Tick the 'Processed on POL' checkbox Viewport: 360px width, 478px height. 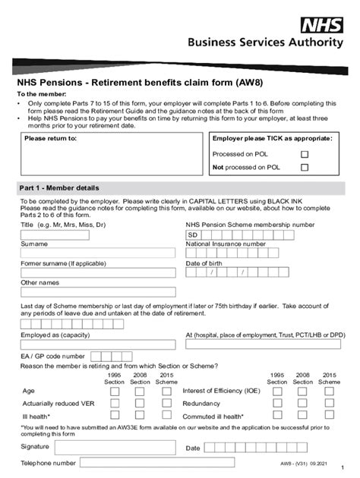[x=305, y=154]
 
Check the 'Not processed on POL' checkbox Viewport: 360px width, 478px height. [x=305, y=167]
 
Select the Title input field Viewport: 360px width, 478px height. [x=54, y=235]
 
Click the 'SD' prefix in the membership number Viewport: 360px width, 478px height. [x=193, y=235]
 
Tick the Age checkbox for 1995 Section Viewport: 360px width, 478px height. [x=115, y=391]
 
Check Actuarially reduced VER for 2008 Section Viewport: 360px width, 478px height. [x=141, y=403]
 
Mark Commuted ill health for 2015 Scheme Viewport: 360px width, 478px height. [x=329, y=416]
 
